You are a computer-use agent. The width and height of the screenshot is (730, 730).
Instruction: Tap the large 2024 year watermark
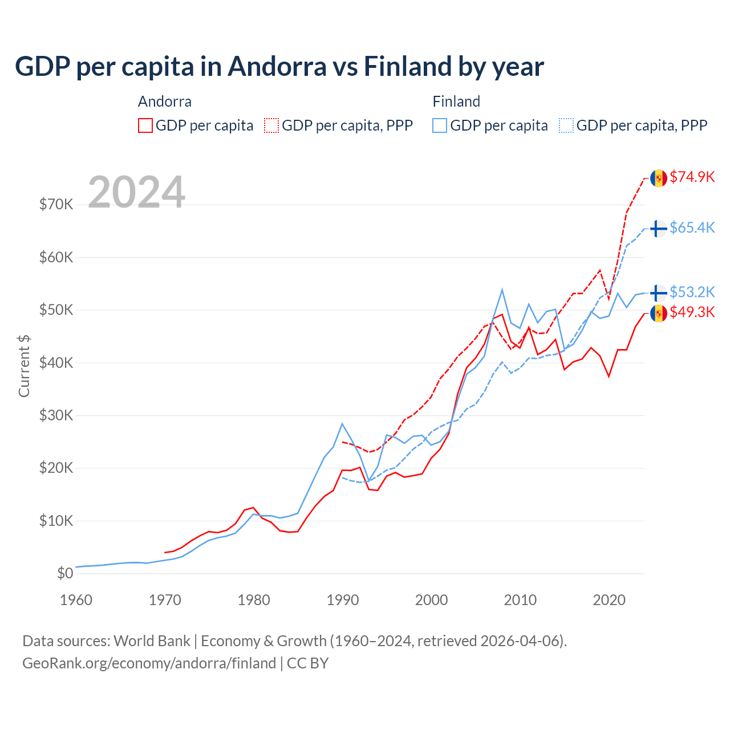point(136,192)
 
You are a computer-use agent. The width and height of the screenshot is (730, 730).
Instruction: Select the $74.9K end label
point(692,177)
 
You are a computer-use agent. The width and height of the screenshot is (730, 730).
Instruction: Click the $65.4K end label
point(692,228)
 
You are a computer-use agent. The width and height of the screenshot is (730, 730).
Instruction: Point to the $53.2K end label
point(692,292)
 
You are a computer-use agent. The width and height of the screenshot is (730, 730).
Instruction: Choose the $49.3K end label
point(692,312)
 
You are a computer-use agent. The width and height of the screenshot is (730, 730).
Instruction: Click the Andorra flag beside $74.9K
point(659,178)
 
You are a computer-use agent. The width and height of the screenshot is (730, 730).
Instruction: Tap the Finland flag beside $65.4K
point(659,229)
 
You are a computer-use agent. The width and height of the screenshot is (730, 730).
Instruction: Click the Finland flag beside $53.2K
point(659,293)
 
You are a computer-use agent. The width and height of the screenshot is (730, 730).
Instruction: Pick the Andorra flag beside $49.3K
point(659,313)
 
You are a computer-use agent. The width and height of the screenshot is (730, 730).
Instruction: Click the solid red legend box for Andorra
point(145,125)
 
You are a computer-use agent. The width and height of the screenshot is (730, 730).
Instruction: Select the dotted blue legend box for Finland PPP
point(566,125)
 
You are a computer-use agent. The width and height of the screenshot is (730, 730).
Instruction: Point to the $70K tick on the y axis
point(56,204)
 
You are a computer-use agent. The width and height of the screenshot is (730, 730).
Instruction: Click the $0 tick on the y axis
point(65,573)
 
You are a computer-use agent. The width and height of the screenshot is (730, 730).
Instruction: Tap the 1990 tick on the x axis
point(343,600)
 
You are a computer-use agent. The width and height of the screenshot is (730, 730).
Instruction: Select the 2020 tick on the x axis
point(609,600)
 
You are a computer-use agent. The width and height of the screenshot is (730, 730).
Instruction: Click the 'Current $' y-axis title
point(24,366)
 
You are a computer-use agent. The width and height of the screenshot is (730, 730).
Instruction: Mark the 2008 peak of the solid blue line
point(502,290)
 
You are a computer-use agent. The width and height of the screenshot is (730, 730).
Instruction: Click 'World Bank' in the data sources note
point(152,641)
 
